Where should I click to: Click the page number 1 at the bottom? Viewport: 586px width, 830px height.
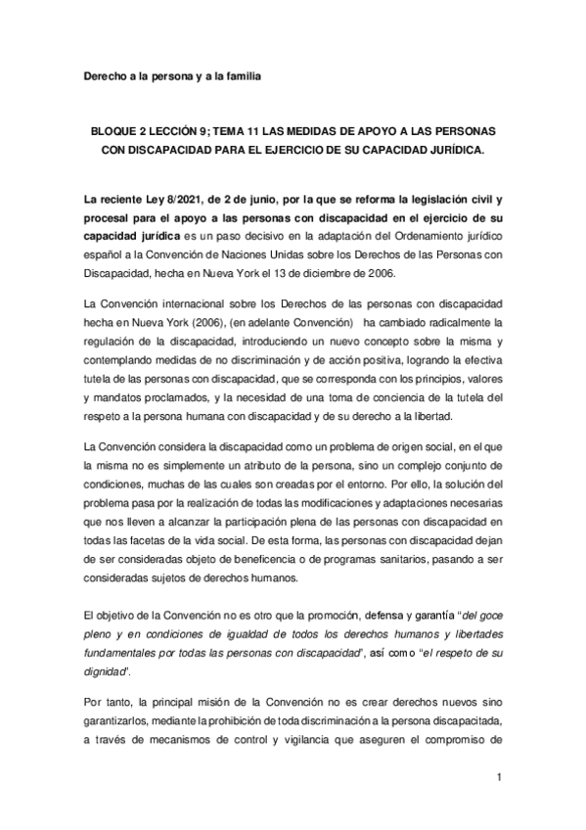498,777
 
